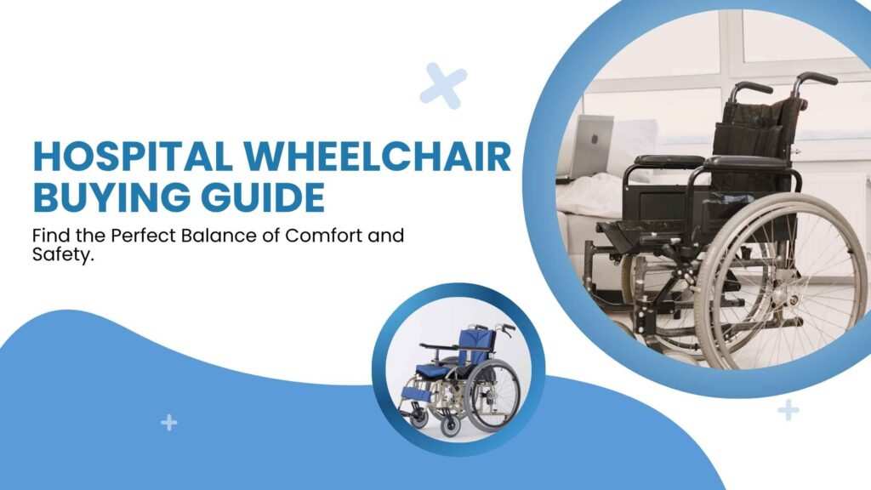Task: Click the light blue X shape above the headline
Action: pyautogui.click(x=443, y=86)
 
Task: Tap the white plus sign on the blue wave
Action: pyautogui.click(x=169, y=422)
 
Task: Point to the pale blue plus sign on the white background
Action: pyautogui.click(x=788, y=410)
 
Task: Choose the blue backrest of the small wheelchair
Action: pyautogui.click(x=473, y=345)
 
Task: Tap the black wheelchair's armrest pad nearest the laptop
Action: pyautogui.click(x=669, y=160)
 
